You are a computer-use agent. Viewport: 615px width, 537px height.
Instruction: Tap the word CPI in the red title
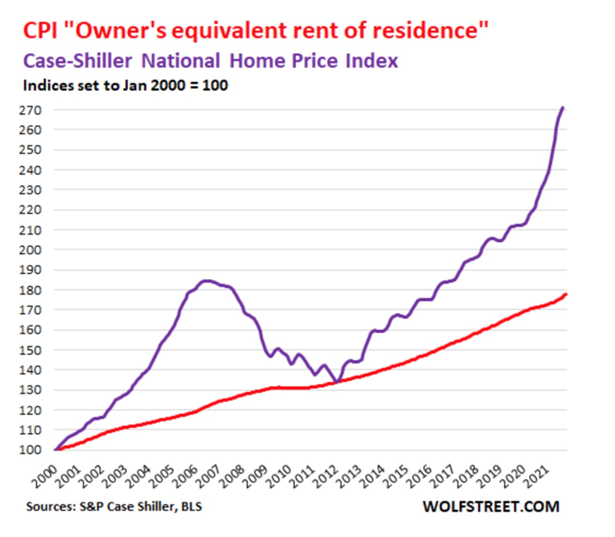(41, 32)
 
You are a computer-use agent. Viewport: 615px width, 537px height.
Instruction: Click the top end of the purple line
(563, 107)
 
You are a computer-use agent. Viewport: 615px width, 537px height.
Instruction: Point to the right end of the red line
(566, 294)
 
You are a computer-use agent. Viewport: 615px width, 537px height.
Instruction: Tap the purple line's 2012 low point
(337, 381)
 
